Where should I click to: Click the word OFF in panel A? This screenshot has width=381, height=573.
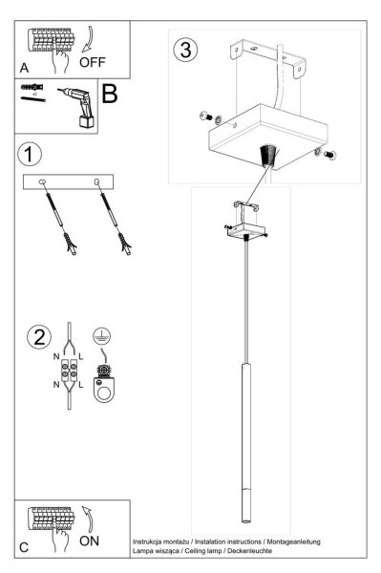(x=92, y=62)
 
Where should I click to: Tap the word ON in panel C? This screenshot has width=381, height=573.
(x=89, y=541)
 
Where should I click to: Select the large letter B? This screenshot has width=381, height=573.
(x=110, y=94)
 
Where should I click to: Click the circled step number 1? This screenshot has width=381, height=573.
(x=30, y=154)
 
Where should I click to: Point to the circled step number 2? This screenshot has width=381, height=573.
(x=39, y=336)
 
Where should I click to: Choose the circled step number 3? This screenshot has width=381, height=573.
(x=185, y=50)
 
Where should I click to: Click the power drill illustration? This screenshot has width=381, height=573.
(x=77, y=106)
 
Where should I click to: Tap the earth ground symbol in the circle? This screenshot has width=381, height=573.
(x=101, y=335)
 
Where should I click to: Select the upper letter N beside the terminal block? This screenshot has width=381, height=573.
(x=56, y=356)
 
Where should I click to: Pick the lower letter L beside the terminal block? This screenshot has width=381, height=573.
(x=81, y=385)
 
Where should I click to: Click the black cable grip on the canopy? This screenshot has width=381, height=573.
(x=267, y=155)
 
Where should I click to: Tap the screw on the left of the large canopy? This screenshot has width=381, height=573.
(x=206, y=117)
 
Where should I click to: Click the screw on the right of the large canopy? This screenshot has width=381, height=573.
(x=329, y=156)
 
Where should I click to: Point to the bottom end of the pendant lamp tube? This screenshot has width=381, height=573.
(x=246, y=521)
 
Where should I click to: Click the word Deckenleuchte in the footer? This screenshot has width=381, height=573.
(x=249, y=550)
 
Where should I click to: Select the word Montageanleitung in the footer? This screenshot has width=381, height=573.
(x=294, y=541)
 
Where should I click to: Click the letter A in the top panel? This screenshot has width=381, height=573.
(x=24, y=68)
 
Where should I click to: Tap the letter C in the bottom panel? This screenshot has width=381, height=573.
(x=24, y=547)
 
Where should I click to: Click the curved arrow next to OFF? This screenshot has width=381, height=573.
(x=90, y=38)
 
